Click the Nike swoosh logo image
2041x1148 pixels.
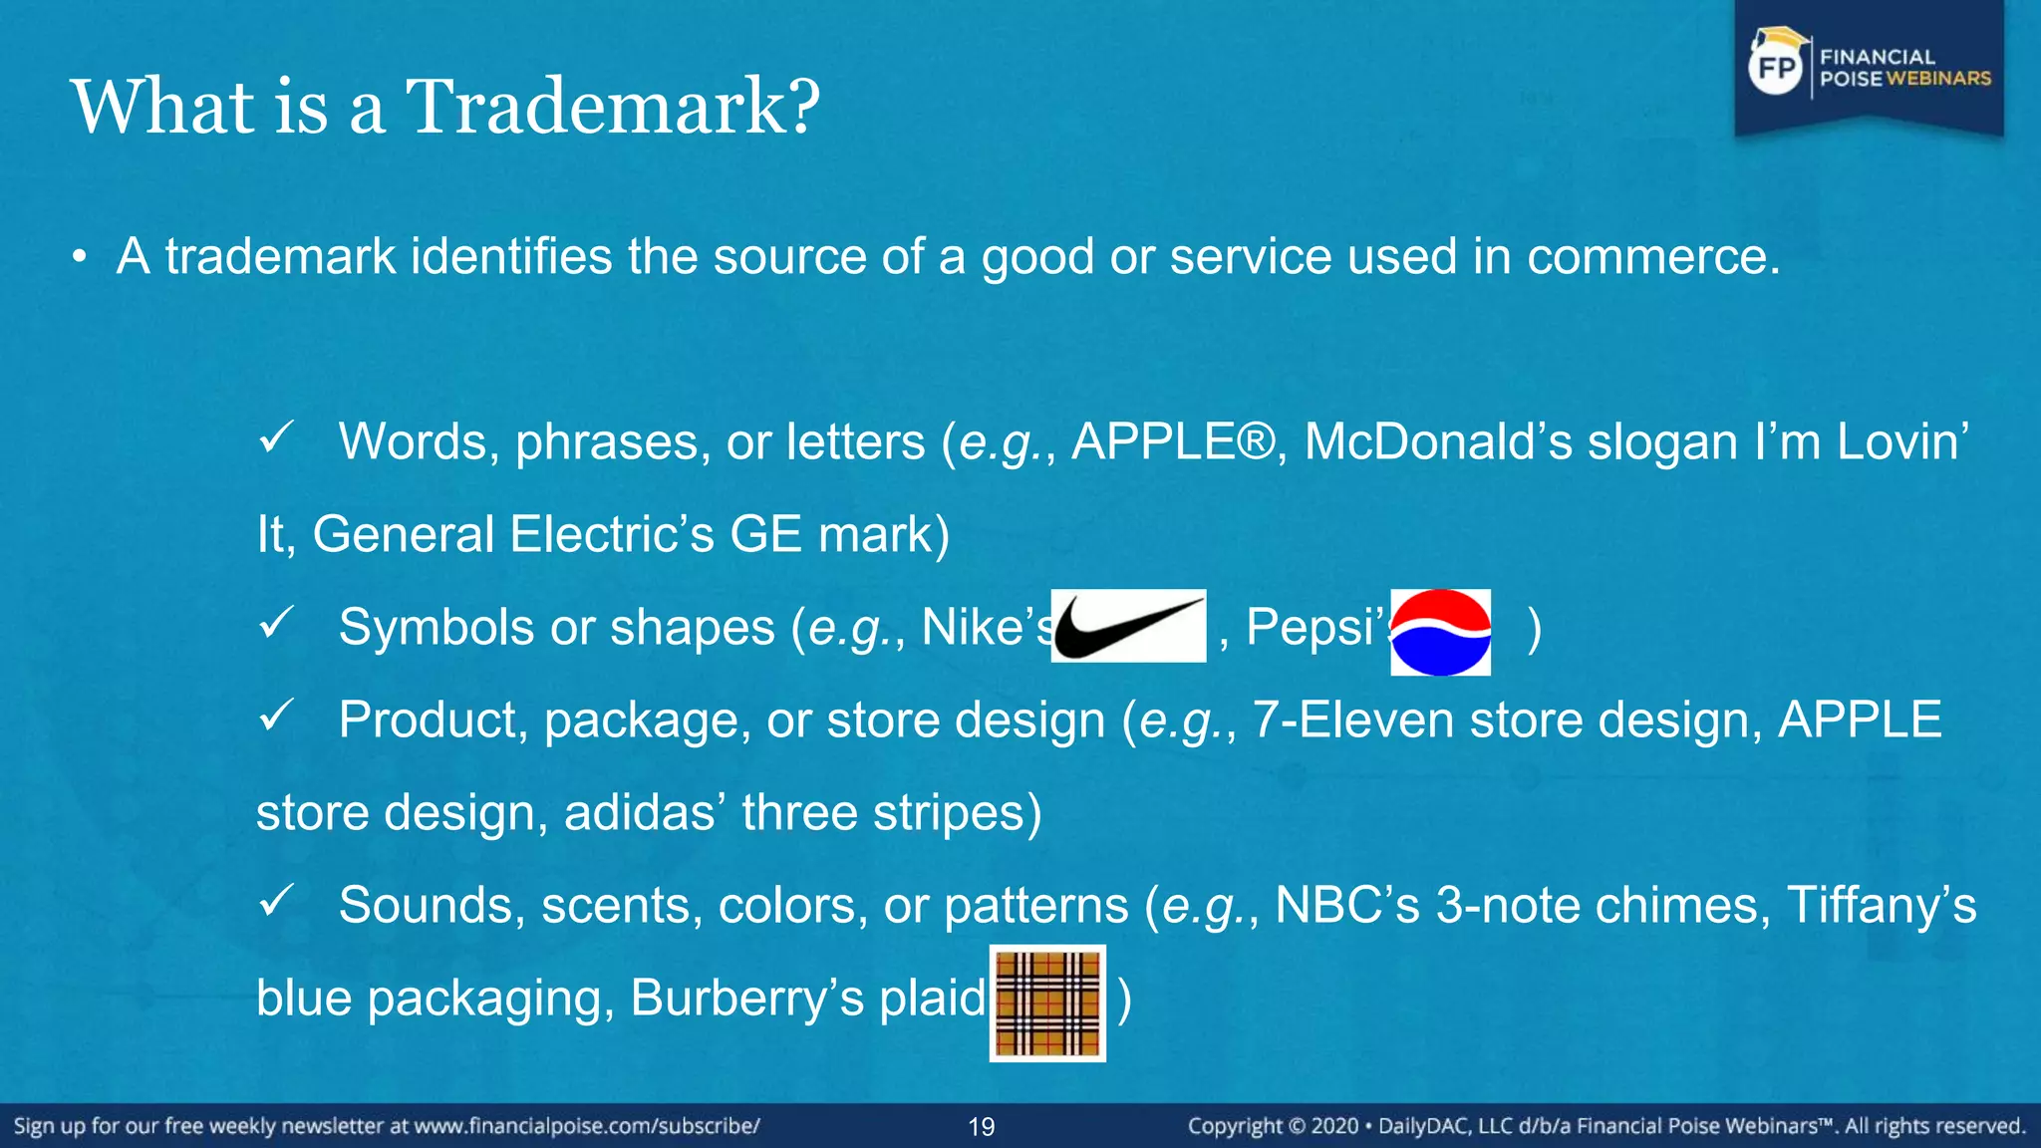pyautogui.click(x=1128, y=626)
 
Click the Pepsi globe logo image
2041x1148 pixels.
pyautogui.click(x=1440, y=632)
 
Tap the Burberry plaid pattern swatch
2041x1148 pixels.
pyautogui.click(x=1047, y=1003)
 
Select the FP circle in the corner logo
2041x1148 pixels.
pyautogui.click(x=1776, y=68)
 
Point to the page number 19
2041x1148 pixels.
pyautogui.click(x=982, y=1127)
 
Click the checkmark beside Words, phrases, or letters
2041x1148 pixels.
pyautogui.click(x=275, y=436)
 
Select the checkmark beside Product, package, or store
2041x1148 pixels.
pyautogui.click(x=275, y=715)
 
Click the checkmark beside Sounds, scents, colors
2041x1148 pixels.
pyautogui.click(x=275, y=900)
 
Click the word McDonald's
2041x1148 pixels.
pyautogui.click(x=1438, y=441)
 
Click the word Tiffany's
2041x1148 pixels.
pyautogui.click(x=1881, y=905)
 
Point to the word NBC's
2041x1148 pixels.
pyautogui.click(x=1346, y=905)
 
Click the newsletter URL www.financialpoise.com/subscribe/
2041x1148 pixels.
pyautogui.click(x=587, y=1126)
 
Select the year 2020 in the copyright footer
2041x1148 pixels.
pyautogui.click(x=1334, y=1126)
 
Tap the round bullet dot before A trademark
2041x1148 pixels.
pyautogui.click(x=80, y=259)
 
